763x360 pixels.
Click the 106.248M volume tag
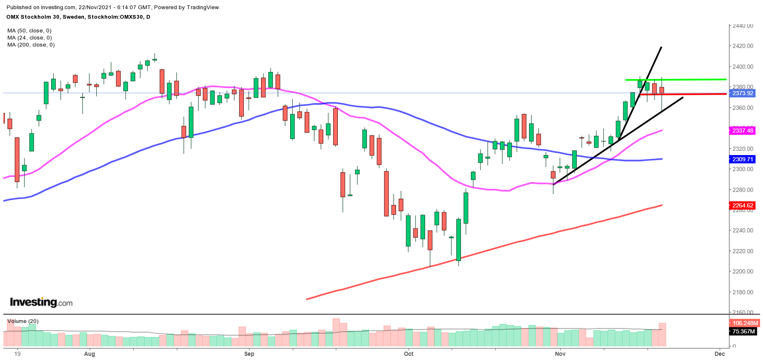click(x=745, y=323)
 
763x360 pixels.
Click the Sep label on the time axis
click(x=249, y=354)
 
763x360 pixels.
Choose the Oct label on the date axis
click(x=409, y=354)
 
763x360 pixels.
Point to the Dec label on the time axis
click(x=719, y=354)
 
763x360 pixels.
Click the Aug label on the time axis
click(x=89, y=354)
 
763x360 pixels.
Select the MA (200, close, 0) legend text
click(x=31, y=45)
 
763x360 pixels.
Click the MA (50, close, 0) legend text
click(x=30, y=31)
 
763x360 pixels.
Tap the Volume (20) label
click(x=23, y=321)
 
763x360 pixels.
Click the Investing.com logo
click(x=41, y=302)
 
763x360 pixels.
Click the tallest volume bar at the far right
click(x=662, y=335)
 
